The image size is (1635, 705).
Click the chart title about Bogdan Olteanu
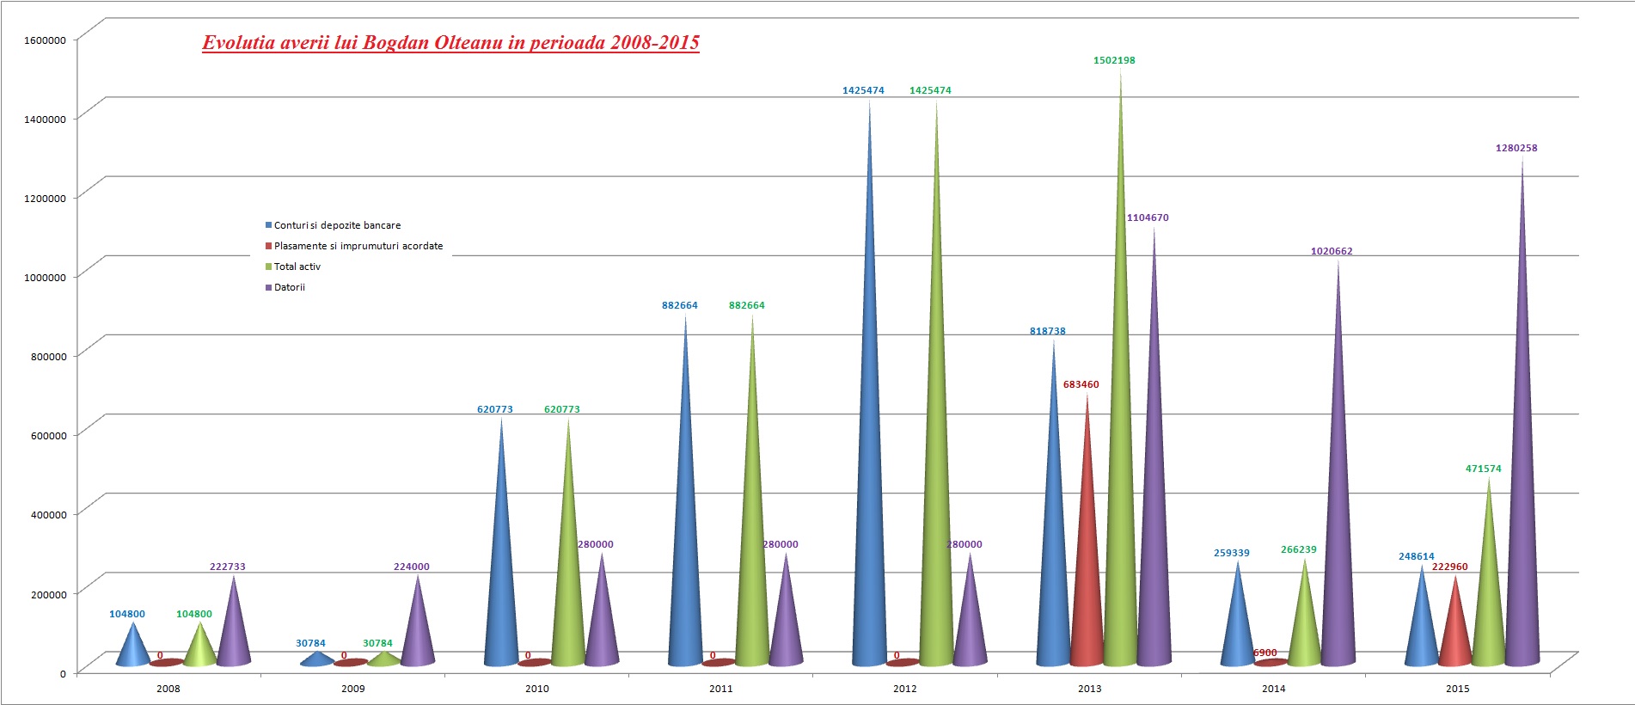450,42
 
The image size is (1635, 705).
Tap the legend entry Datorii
289,287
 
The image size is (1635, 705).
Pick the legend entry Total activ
297,267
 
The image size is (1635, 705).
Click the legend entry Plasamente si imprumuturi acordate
358,246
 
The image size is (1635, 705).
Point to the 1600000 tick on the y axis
45,40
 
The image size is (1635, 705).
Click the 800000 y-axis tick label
45,357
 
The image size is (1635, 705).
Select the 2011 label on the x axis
720,689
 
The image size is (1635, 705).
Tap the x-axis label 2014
1273,689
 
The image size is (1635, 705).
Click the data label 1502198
1114,61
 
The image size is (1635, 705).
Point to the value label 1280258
1516,149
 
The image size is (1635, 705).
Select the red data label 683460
1081,385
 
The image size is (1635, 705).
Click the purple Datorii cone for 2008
234,632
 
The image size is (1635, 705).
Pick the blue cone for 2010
501,585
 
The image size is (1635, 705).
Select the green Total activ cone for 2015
1489,602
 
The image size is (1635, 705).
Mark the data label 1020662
1332,252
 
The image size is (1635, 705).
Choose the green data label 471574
1483,469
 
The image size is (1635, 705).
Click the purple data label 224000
411,567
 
